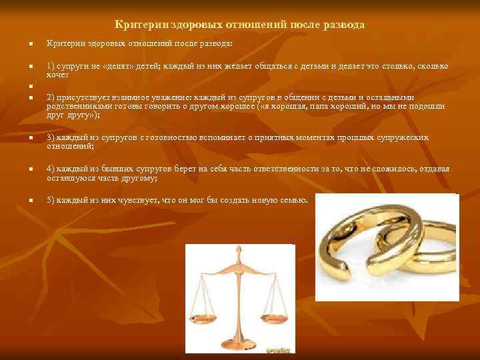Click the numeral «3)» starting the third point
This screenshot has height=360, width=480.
point(51,137)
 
